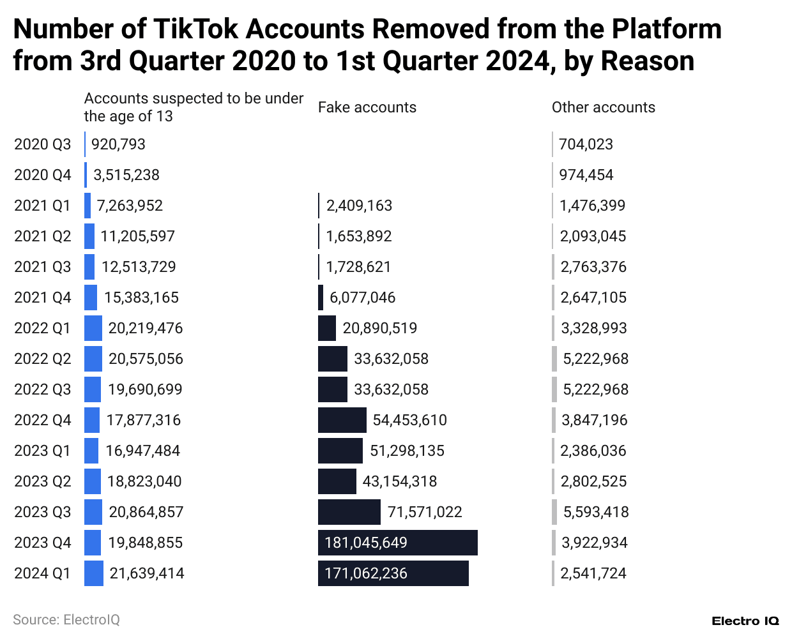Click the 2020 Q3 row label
tap(42, 144)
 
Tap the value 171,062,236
tap(366, 573)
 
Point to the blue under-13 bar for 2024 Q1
tap(93, 573)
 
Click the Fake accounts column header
tap(367, 107)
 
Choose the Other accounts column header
tap(603, 107)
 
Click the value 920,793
tap(118, 144)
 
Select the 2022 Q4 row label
tap(42, 420)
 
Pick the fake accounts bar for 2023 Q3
tap(349, 512)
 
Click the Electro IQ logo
tap(745, 621)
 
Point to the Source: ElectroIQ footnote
tap(66, 619)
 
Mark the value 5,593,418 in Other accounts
tap(595, 512)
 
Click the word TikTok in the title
tap(195, 29)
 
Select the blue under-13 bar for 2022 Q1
tap(93, 328)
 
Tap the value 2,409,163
tap(359, 206)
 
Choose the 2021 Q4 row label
tap(42, 298)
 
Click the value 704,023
tap(586, 144)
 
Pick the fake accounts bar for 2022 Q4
tap(342, 420)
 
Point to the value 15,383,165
tap(141, 298)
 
